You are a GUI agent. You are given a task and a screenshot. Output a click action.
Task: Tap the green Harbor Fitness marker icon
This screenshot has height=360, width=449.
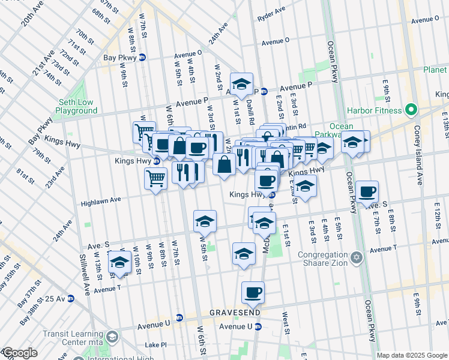[411, 110]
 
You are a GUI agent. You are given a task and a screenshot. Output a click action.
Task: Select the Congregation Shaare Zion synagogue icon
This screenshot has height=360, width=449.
[357, 257]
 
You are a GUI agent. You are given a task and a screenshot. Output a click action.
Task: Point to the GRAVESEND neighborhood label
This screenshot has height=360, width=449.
[234, 313]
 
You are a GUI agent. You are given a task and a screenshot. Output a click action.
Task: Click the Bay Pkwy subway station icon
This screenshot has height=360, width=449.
[142, 58]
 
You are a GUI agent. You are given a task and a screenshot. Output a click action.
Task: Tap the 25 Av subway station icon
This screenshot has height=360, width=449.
[70, 298]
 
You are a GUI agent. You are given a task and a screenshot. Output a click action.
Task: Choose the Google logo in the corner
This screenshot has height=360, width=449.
[19, 353]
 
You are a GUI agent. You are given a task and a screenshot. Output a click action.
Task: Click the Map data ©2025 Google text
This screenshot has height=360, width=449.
[412, 355]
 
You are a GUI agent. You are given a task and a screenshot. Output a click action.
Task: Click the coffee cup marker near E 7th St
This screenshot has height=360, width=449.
[367, 191]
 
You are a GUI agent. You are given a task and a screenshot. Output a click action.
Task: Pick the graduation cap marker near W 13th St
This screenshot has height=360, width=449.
[119, 262]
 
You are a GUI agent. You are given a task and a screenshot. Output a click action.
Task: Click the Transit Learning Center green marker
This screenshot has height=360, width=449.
[113, 337]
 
